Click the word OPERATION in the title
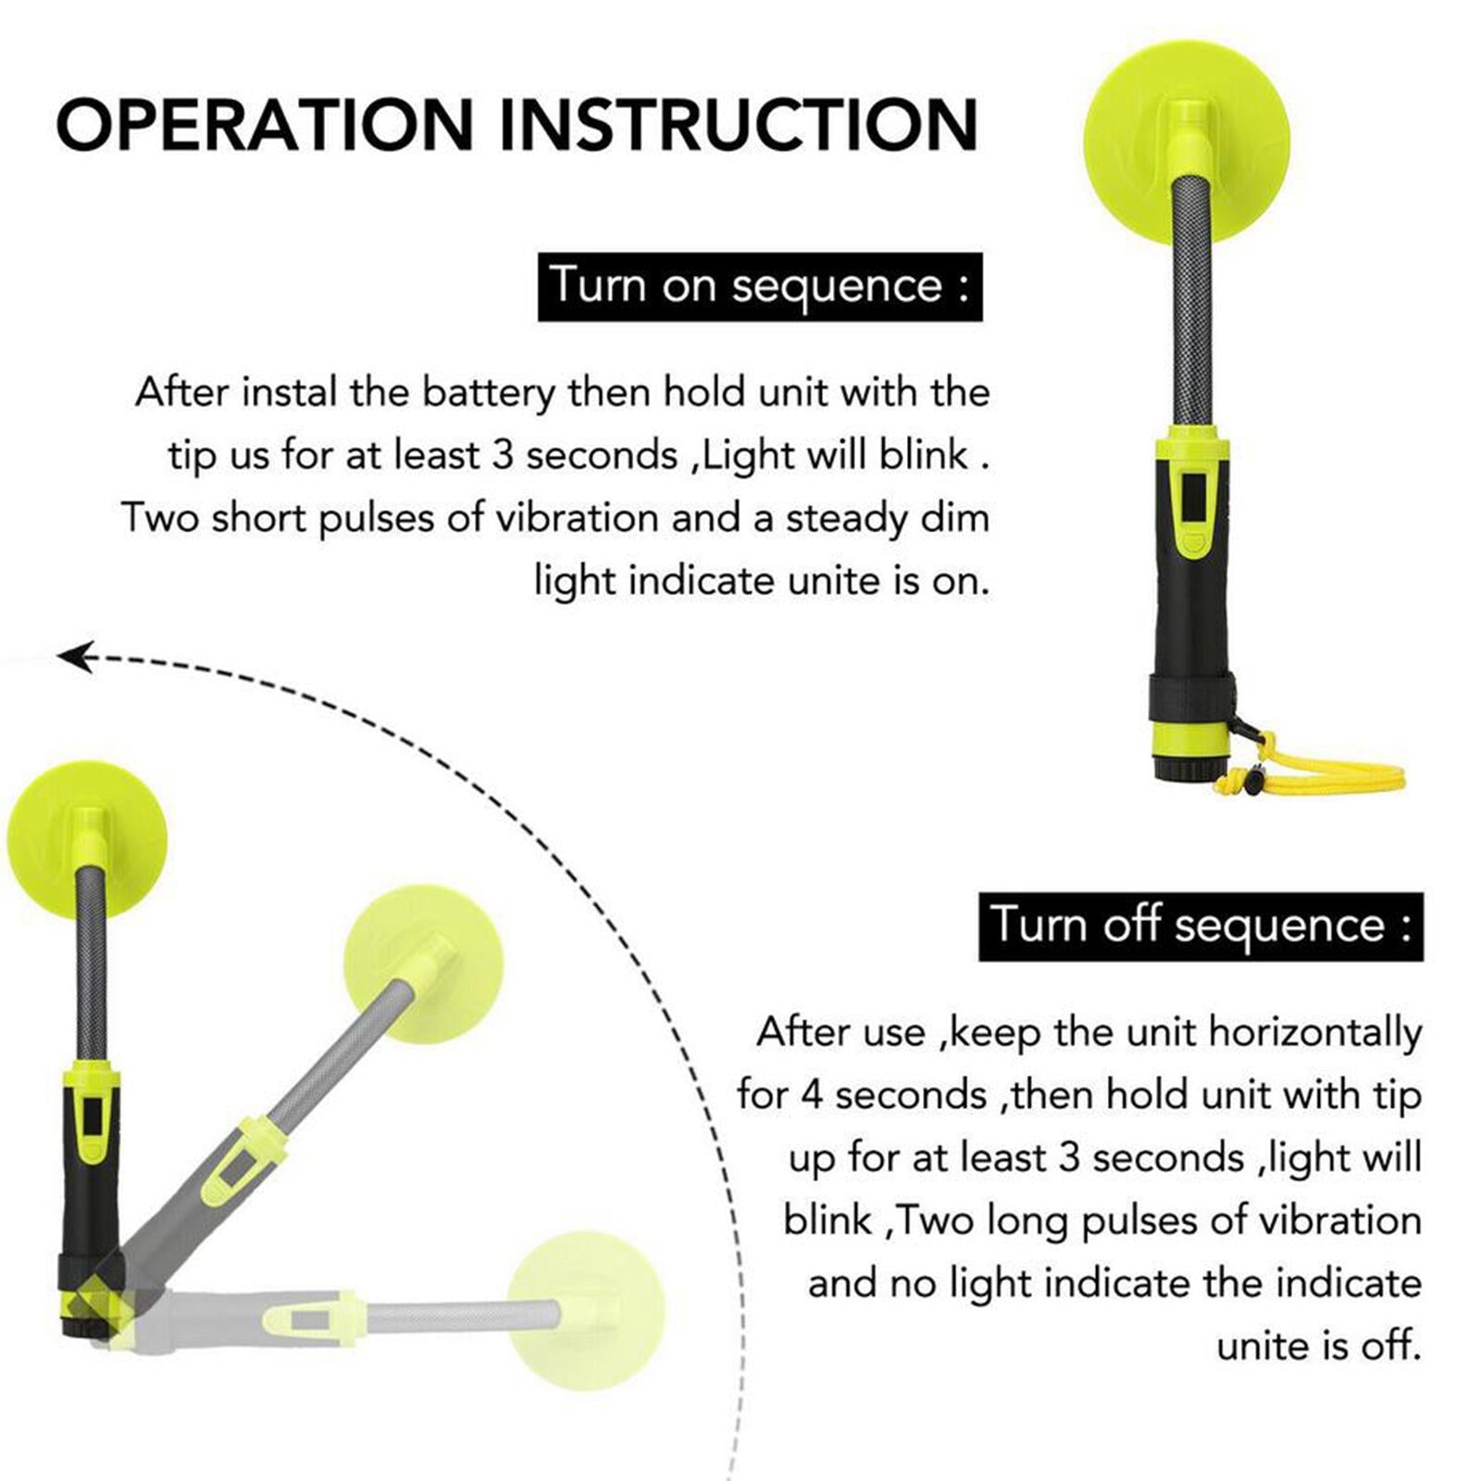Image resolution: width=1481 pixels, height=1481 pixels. tap(265, 124)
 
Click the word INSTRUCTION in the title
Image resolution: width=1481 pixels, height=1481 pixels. tap(739, 124)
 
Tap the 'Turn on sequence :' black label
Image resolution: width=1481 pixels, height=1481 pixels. tap(760, 287)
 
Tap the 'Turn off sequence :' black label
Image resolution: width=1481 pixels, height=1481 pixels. tap(1201, 927)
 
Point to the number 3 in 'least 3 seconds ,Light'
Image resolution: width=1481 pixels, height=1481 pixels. tap(502, 455)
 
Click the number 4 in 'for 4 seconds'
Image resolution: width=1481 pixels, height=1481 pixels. tap(811, 1095)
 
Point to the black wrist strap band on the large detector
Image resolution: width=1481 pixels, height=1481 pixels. tap(1193, 700)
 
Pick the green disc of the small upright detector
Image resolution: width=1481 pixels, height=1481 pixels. tap(87, 840)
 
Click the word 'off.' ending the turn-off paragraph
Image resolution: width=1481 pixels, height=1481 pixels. tap(1390, 1345)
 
